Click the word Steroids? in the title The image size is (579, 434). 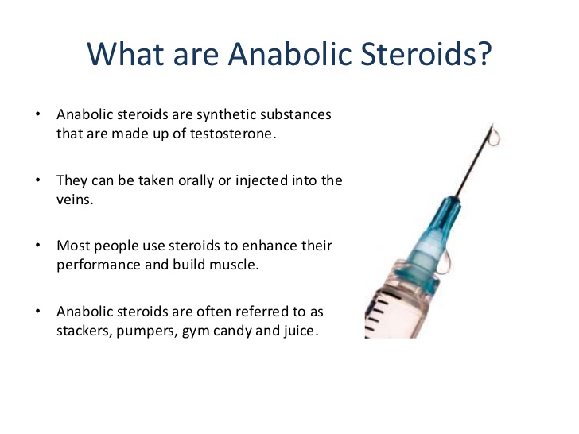[x=426, y=54]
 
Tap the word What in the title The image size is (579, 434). [x=126, y=54]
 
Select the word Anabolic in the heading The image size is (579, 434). [x=289, y=54]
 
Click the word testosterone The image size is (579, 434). [x=233, y=134]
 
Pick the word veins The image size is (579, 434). [x=75, y=200]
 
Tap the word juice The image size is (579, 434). [x=300, y=331]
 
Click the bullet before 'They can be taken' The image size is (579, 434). [x=37, y=180]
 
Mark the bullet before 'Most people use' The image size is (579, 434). [x=37, y=246]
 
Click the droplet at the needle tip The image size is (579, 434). [x=495, y=138]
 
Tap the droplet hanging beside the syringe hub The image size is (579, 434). [x=445, y=263]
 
